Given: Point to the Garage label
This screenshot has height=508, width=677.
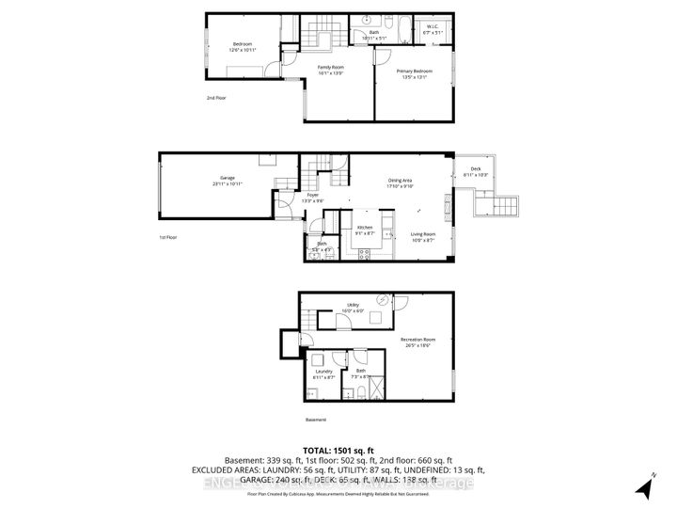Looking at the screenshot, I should click(x=227, y=181).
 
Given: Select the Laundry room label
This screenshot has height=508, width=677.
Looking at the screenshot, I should click(x=324, y=373).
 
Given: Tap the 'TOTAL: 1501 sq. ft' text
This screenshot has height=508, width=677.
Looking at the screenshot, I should click(x=338, y=448).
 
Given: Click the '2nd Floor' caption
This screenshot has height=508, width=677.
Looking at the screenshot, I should click(x=217, y=97).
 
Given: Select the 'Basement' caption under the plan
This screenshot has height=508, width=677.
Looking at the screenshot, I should click(x=316, y=420).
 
